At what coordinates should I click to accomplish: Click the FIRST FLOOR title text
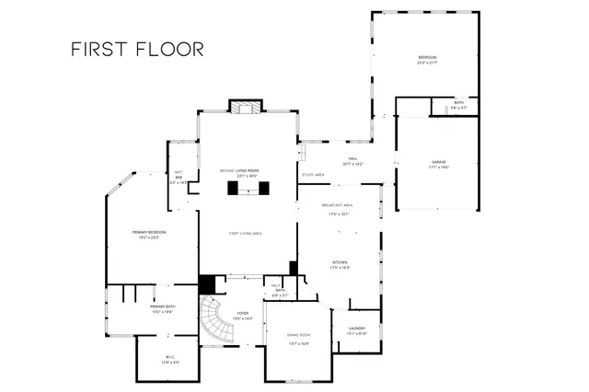137,49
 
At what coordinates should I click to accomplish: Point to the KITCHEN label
340,264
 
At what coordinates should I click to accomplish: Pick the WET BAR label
179,177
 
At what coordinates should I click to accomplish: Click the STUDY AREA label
313,175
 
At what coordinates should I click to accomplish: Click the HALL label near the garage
352,161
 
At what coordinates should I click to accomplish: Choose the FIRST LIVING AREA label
246,234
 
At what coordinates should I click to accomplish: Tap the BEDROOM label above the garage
426,60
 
